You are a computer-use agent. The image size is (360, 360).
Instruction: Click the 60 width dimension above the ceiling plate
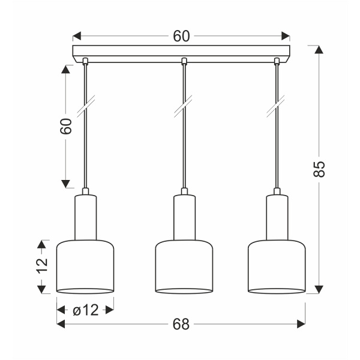pos(181,36)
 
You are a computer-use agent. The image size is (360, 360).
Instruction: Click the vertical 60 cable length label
pos(67,126)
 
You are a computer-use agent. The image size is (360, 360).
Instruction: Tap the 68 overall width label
pos(181,325)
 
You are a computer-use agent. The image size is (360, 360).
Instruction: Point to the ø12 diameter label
pos(85,310)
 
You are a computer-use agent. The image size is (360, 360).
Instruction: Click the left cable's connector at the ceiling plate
pos(85,61)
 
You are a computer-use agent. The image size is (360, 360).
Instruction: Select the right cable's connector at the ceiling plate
pos(277,61)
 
